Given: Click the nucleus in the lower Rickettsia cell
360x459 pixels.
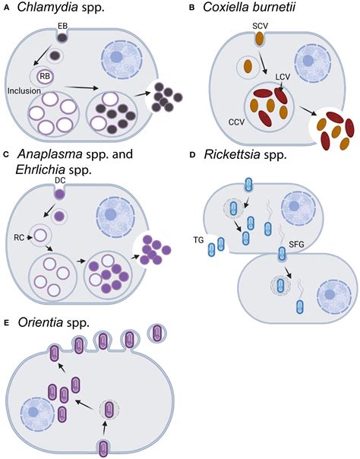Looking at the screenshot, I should coord(332,291).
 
